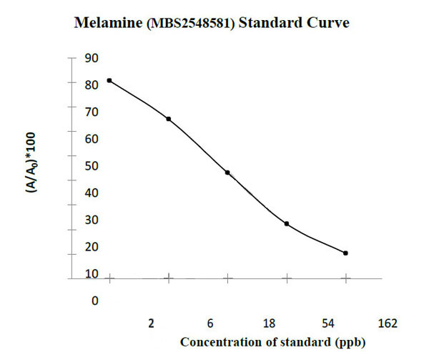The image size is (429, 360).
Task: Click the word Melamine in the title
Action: click(108, 24)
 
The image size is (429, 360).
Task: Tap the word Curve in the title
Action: click(328, 24)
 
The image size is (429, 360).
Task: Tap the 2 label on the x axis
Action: click(152, 323)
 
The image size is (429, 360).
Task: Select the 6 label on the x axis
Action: click(210, 323)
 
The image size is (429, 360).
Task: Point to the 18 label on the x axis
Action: click(269, 323)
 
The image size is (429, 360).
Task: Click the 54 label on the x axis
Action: click(328, 323)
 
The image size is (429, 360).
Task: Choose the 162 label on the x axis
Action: click(387, 323)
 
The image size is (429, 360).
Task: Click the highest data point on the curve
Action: click(109, 80)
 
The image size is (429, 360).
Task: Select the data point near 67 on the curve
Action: click(168, 119)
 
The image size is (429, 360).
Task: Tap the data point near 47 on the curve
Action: click(227, 172)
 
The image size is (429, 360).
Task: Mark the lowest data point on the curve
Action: click(345, 253)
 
